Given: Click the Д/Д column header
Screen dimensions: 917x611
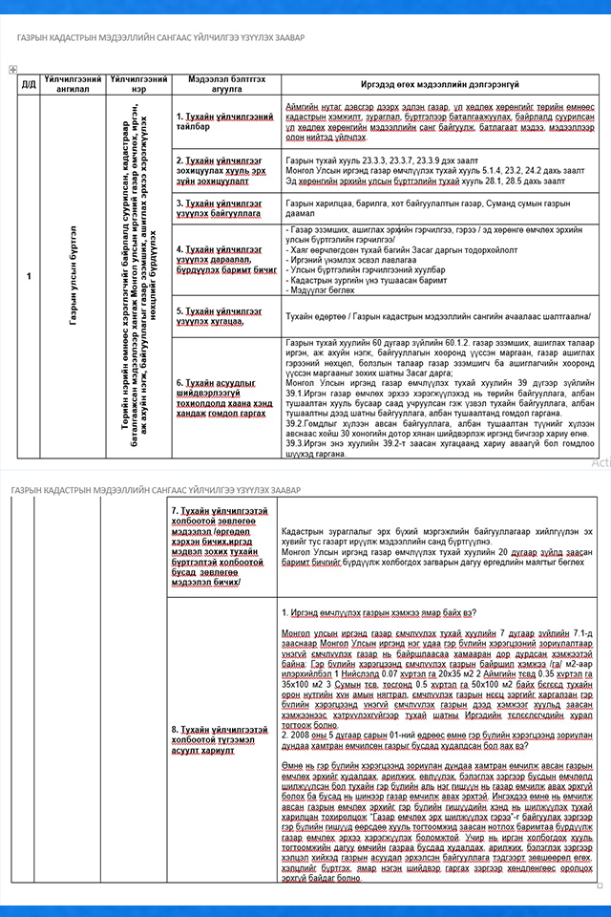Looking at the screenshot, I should (29, 84).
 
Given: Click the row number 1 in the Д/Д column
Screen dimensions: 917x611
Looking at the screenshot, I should (29, 277).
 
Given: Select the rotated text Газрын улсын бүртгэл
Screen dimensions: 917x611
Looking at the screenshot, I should (74, 277).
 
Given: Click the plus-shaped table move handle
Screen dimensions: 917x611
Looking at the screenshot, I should (11, 69).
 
